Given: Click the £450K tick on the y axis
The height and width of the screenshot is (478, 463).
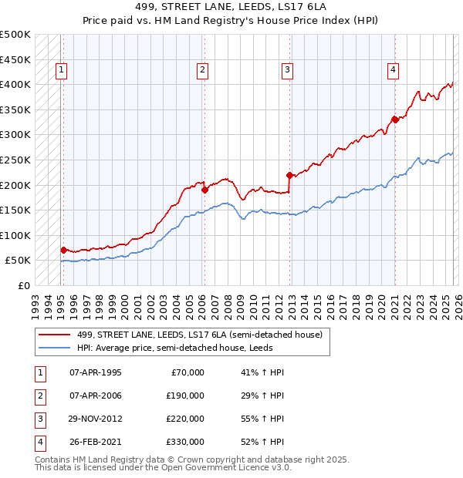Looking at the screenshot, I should pos(15,59).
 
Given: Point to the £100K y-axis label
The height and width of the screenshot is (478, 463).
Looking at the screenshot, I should pos(15,235).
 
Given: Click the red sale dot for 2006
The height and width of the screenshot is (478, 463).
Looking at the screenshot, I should pos(204,190).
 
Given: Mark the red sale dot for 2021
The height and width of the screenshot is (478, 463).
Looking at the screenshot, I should pos(394,119).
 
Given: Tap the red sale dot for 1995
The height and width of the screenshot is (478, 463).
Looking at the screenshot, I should pos(63,250).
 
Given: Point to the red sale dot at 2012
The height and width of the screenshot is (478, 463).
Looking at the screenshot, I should pos(289,174).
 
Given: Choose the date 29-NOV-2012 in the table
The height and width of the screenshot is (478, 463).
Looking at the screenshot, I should pos(96,419).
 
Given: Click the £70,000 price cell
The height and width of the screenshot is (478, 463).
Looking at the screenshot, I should pos(184,372).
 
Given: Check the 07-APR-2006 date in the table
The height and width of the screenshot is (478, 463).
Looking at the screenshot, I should pos(96,396).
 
